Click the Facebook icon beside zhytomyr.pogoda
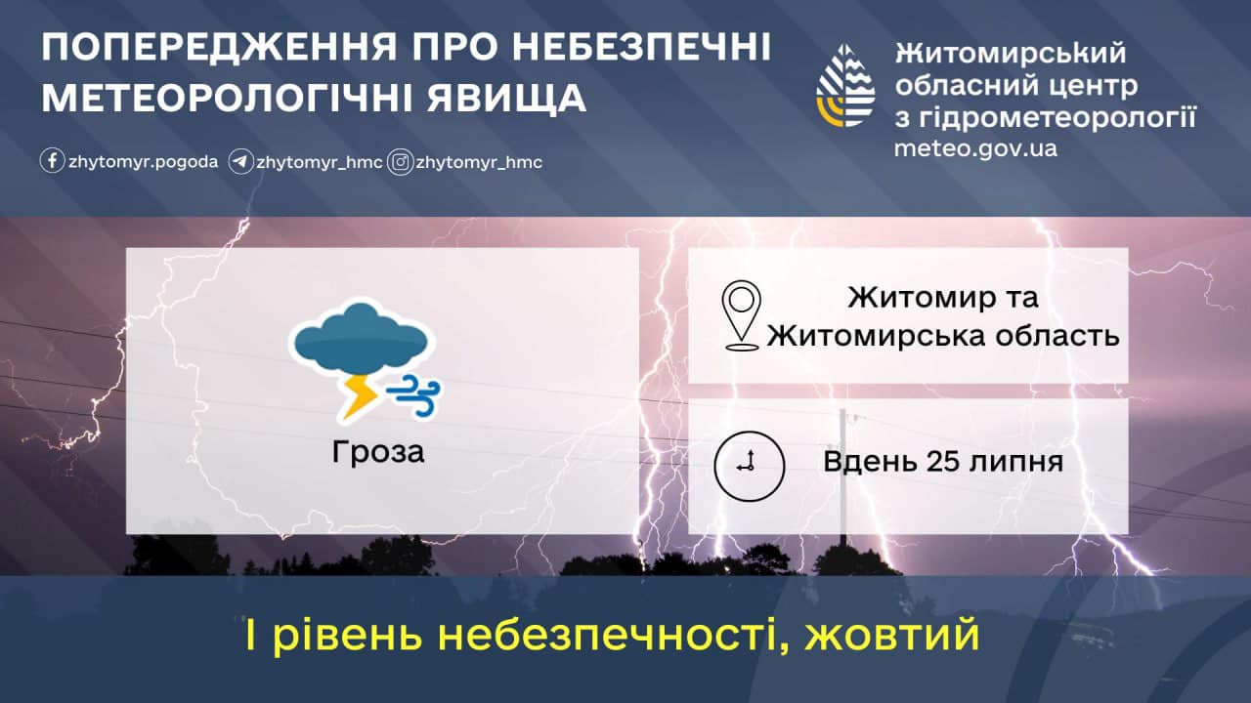click(x=52, y=161)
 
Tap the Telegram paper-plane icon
click(x=241, y=162)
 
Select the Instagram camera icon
click(x=401, y=162)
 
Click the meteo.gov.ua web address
click(x=975, y=148)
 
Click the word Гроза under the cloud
click(x=378, y=452)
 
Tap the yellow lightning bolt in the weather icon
click(x=359, y=396)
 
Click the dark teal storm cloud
click(x=361, y=339)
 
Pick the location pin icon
click(x=741, y=315)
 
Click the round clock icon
click(x=749, y=466)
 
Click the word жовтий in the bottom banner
click(x=892, y=635)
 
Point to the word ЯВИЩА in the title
click(x=506, y=99)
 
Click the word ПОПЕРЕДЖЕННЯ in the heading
click(x=219, y=47)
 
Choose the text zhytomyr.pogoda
click(x=143, y=162)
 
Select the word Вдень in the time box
click(x=870, y=462)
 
